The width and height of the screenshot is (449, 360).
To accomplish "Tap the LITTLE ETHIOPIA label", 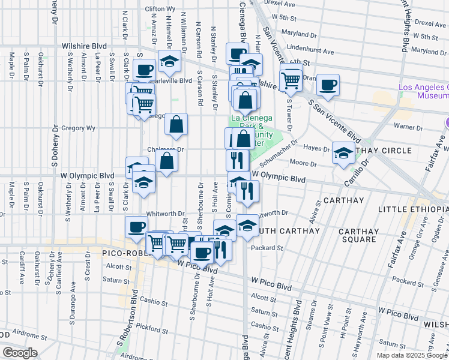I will [414, 209].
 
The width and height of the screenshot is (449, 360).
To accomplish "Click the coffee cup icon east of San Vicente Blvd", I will [328, 85].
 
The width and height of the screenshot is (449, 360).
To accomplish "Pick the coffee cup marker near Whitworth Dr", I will [136, 226].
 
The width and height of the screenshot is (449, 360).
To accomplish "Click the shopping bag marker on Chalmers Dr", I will [167, 161].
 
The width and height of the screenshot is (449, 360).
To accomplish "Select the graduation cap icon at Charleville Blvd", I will [170, 61].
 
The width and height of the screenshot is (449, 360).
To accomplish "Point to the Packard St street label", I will [267, 247].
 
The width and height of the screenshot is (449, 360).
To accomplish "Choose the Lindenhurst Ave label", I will [311, 45].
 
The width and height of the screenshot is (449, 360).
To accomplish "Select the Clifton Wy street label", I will [160, 10].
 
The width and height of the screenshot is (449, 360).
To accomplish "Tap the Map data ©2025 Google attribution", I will [411, 355].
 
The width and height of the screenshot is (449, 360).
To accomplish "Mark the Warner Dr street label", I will [408, 126].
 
